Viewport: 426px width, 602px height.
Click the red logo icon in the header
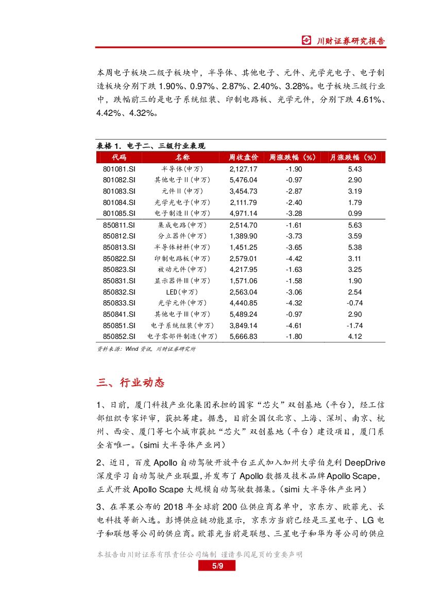306,41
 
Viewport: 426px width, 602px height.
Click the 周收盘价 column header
243,158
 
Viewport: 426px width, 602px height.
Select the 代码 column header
119,158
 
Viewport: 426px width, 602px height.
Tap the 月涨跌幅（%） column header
355,158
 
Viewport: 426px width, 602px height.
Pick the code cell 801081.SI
119,169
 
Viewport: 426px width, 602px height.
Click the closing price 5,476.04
243,180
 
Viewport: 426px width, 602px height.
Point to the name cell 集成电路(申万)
182,225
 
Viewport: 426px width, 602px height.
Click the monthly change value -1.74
355,325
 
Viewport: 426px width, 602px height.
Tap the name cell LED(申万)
182,292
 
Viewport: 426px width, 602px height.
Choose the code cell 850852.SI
119,336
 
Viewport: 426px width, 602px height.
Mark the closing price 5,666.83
243,336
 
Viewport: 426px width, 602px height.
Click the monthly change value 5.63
355,225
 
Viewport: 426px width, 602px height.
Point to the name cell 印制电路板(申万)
182,259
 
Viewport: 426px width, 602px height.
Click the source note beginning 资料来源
146,349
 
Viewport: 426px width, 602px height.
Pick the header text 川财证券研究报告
350,41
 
